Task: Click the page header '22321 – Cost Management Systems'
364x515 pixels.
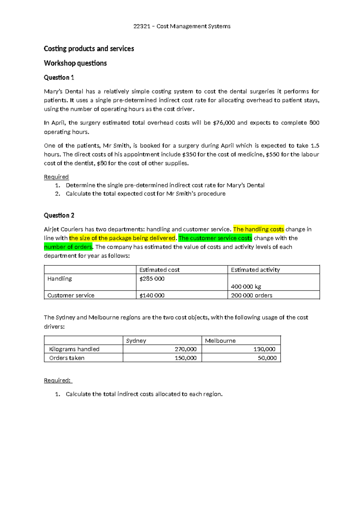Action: (182, 26)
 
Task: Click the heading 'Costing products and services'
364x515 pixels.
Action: (89, 49)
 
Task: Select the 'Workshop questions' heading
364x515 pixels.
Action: (75, 63)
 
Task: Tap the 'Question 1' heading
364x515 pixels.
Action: (59, 77)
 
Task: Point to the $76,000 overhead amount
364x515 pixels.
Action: (224, 123)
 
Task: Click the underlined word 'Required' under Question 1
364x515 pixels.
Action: (56, 177)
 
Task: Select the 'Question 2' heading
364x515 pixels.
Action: (59, 215)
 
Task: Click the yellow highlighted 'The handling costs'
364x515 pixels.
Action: (258, 229)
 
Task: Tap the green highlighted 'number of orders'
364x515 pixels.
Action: (68, 247)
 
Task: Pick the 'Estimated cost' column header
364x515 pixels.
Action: (159, 270)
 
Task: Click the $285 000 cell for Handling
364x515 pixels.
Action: (152, 279)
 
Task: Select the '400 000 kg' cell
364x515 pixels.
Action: (246, 287)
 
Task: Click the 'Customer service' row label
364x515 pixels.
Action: (71, 295)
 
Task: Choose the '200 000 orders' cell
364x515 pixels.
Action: (251, 295)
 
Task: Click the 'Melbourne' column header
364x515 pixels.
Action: (220, 341)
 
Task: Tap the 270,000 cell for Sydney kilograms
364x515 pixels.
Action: (185, 349)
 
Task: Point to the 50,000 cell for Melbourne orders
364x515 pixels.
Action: (267, 358)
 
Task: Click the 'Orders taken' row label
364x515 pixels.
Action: (67, 358)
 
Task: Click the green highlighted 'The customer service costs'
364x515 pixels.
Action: (215, 238)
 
